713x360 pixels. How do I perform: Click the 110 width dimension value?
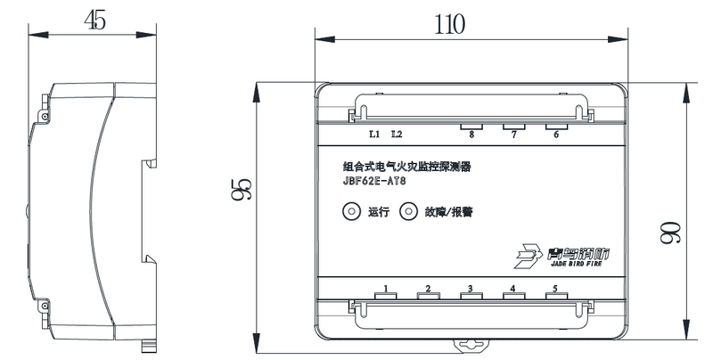450,25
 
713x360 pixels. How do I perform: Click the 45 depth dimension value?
95,20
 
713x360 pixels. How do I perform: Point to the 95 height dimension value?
241,189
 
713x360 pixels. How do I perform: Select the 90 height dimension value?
670,233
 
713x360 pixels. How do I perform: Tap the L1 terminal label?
374,134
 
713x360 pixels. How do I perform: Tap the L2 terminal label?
397,134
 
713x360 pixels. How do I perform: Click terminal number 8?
471,135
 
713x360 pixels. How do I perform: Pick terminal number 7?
514,135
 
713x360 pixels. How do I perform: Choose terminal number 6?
556,135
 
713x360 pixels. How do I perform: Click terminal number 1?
386,288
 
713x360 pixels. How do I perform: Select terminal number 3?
471,288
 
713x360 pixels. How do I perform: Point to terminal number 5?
555,288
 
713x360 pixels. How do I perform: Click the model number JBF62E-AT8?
374,182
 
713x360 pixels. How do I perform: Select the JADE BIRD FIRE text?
576,264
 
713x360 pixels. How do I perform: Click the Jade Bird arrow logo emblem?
529,256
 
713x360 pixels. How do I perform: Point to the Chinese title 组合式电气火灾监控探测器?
406,167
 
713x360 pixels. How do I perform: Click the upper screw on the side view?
45,117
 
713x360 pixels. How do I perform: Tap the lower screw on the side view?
45,306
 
